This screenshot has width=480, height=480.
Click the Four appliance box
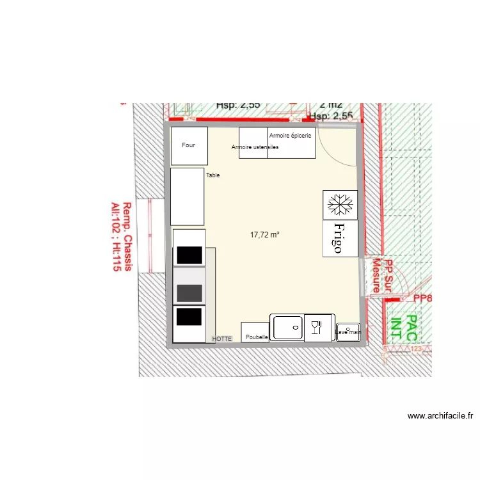(189, 146)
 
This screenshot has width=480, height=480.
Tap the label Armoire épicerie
(290, 136)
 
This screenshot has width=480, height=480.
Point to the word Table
(213, 175)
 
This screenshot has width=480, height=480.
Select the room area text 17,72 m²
(265, 235)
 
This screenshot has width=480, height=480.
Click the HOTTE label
(222, 339)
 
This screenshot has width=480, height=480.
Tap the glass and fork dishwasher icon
(316, 328)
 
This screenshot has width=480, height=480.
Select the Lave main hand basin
(348, 332)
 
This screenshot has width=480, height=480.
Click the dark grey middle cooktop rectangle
(189, 292)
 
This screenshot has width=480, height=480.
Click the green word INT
(396, 327)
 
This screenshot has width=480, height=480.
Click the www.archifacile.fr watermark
(440, 416)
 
